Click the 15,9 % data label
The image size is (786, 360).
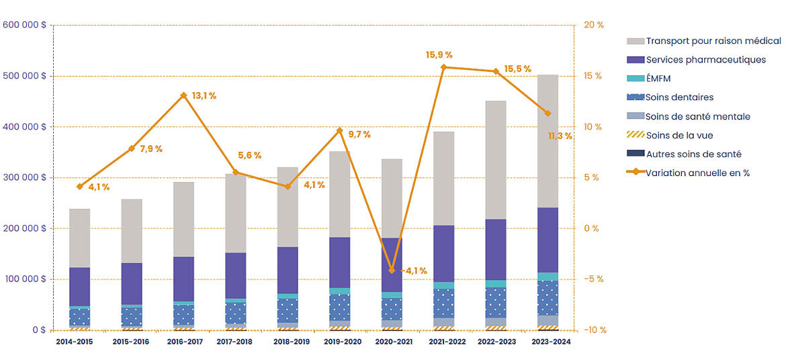point(439,54)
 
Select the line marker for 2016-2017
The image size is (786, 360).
point(183,95)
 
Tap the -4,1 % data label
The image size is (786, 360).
point(414,271)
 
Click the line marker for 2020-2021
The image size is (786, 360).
point(392,270)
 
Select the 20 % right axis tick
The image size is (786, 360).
point(594,25)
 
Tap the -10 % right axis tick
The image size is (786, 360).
point(594,330)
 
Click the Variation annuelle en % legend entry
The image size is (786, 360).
point(697,173)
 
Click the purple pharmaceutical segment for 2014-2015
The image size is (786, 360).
point(80,287)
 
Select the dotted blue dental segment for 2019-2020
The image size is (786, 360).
point(339,307)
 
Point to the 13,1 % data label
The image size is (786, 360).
point(204,96)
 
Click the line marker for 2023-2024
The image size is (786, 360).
point(548,114)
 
